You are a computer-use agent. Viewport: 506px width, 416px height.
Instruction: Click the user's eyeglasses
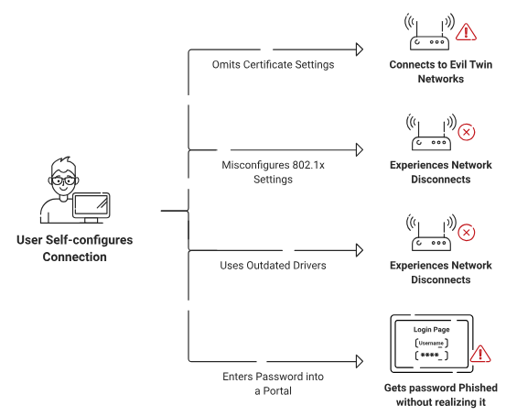(63, 181)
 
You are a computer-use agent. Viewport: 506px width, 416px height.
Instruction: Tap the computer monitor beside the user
(91, 207)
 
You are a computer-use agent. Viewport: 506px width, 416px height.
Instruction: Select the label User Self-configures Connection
(74, 248)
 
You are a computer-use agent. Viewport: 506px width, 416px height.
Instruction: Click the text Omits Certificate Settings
(273, 65)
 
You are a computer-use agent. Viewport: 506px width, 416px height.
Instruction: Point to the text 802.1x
(308, 165)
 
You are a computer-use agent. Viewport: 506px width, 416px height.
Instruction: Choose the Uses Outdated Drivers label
(273, 266)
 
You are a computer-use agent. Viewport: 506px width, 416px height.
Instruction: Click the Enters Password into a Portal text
(273, 384)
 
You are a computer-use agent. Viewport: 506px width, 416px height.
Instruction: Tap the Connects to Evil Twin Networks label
(441, 71)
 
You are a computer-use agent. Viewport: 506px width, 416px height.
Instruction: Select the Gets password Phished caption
(441, 395)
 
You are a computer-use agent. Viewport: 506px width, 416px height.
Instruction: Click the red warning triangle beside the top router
(466, 32)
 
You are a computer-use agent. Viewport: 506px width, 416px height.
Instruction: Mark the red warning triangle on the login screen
(480, 354)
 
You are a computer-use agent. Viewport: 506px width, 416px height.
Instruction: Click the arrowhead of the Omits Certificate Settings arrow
(360, 49)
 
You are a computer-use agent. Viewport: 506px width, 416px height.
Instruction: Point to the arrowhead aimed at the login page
(360, 361)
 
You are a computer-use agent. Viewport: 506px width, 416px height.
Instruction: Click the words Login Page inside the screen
(432, 329)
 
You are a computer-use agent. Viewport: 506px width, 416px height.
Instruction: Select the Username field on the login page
(432, 343)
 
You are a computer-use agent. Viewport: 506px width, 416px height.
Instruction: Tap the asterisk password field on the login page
(432, 356)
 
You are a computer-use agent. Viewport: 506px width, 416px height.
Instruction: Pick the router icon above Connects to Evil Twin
(429, 32)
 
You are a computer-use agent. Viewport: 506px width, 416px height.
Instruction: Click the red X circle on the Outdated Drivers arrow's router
(467, 233)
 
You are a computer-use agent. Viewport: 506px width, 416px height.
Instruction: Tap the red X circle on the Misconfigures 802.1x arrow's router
(467, 132)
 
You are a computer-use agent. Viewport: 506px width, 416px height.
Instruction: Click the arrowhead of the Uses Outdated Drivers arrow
(360, 250)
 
